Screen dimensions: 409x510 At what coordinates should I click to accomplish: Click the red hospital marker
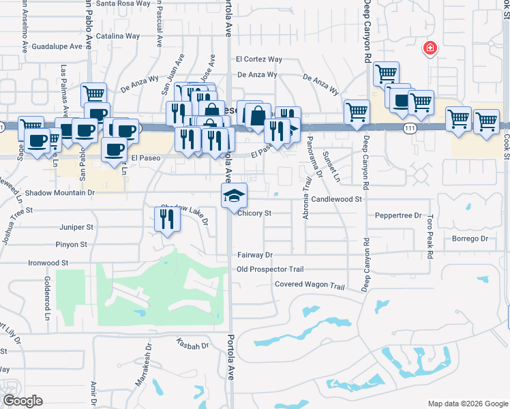click(430, 48)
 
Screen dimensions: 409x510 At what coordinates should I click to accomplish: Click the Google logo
click(22, 401)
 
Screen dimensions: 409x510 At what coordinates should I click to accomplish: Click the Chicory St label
click(254, 213)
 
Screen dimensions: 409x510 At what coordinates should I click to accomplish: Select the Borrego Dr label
click(470, 239)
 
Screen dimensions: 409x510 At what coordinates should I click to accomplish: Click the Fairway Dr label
click(255, 255)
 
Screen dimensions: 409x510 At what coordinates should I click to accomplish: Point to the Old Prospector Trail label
click(270, 269)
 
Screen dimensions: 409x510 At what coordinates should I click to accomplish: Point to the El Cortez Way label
click(259, 60)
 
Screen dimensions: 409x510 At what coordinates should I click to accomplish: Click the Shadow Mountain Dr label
click(59, 193)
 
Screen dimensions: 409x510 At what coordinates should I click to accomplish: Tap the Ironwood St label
click(48, 262)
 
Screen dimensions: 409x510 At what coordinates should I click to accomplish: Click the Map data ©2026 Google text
click(467, 403)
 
